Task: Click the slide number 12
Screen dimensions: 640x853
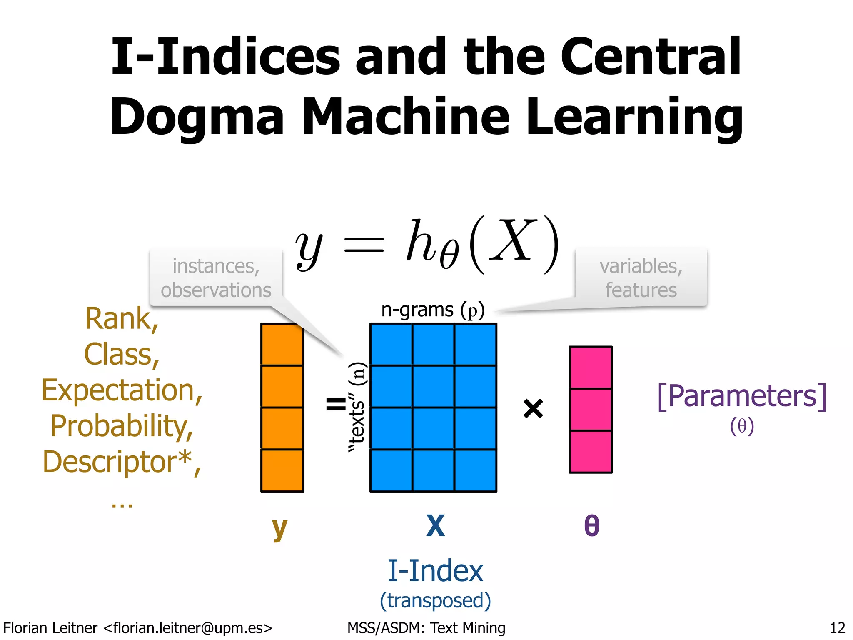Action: (837, 627)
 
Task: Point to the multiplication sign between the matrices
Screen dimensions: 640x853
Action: (533, 408)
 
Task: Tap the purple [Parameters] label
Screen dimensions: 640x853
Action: (741, 396)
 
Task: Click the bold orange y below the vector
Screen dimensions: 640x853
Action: (279, 527)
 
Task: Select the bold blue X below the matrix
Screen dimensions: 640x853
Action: (435, 526)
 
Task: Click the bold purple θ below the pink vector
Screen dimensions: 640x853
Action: (592, 526)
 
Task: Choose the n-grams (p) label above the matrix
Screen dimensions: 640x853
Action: (433, 310)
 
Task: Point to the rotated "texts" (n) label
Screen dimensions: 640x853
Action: (357, 407)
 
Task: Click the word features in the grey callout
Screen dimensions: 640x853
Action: (641, 290)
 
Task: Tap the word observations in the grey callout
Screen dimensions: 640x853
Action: (216, 290)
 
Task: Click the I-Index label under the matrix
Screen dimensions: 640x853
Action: (435, 571)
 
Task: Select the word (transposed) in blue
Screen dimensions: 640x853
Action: (435, 600)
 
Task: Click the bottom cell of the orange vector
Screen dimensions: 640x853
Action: (282, 470)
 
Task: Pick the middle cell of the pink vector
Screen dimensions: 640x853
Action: (591, 410)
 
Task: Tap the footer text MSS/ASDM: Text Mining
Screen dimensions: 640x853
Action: (426, 627)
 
